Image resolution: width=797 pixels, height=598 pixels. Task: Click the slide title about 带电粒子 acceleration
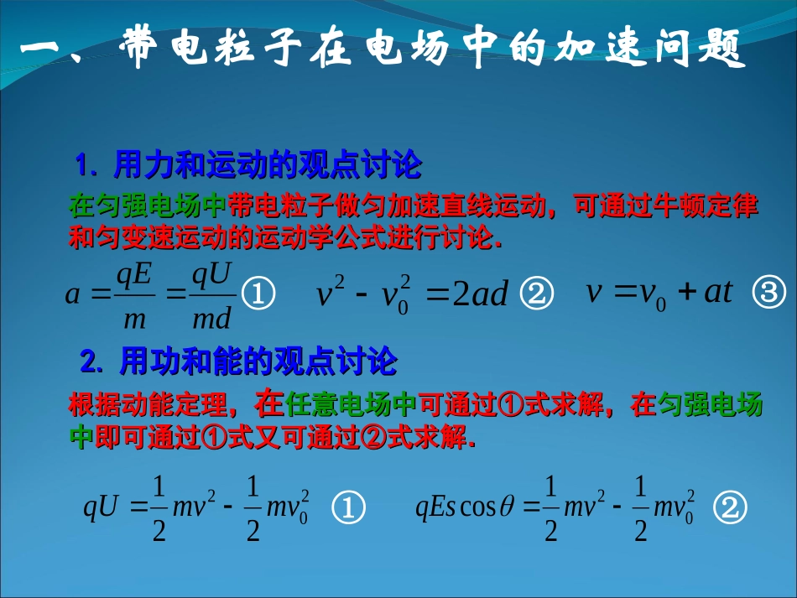382,48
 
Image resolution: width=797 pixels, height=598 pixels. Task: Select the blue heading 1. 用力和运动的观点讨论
249,165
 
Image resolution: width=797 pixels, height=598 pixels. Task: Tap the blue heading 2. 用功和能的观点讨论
239,362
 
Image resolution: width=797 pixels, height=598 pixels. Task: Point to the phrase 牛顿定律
705,206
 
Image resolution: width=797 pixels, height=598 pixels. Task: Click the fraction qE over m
134,293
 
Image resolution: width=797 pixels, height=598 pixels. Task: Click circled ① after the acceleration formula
258,294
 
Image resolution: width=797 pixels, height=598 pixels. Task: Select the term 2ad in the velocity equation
480,294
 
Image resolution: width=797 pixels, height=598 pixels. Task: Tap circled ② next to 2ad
538,294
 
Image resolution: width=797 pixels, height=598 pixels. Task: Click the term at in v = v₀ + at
718,292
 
